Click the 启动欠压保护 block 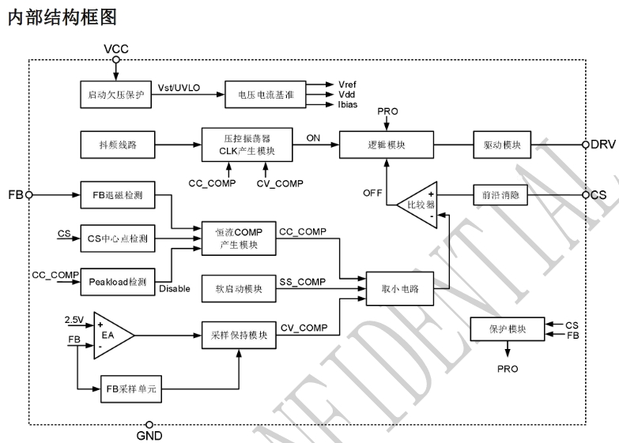tap(115, 93)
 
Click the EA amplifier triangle tap(111, 334)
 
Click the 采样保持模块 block tap(237, 334)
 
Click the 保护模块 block tap(506, 328)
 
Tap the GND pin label tap(149, 435)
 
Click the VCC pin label tap(116, 49)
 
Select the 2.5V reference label tap(74, 320)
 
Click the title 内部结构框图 tap(55, 17)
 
